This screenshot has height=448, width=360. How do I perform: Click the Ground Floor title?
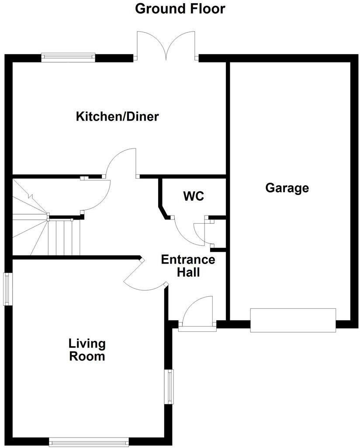180,8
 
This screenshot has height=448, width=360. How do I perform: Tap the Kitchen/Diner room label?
118,117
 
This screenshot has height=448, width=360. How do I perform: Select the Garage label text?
287,188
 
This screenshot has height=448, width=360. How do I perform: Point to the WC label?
194,196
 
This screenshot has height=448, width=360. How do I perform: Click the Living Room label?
87,350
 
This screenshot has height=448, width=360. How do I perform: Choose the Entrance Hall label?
188,266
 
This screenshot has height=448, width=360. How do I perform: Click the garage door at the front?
293,320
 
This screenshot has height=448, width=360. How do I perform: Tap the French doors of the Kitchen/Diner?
166,46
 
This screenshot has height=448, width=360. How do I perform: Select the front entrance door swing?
198,311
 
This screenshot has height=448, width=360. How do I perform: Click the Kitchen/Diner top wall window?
68,56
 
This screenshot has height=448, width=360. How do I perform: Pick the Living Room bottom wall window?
89,442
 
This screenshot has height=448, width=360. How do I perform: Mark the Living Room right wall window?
169,386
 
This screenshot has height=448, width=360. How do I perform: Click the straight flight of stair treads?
64,237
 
